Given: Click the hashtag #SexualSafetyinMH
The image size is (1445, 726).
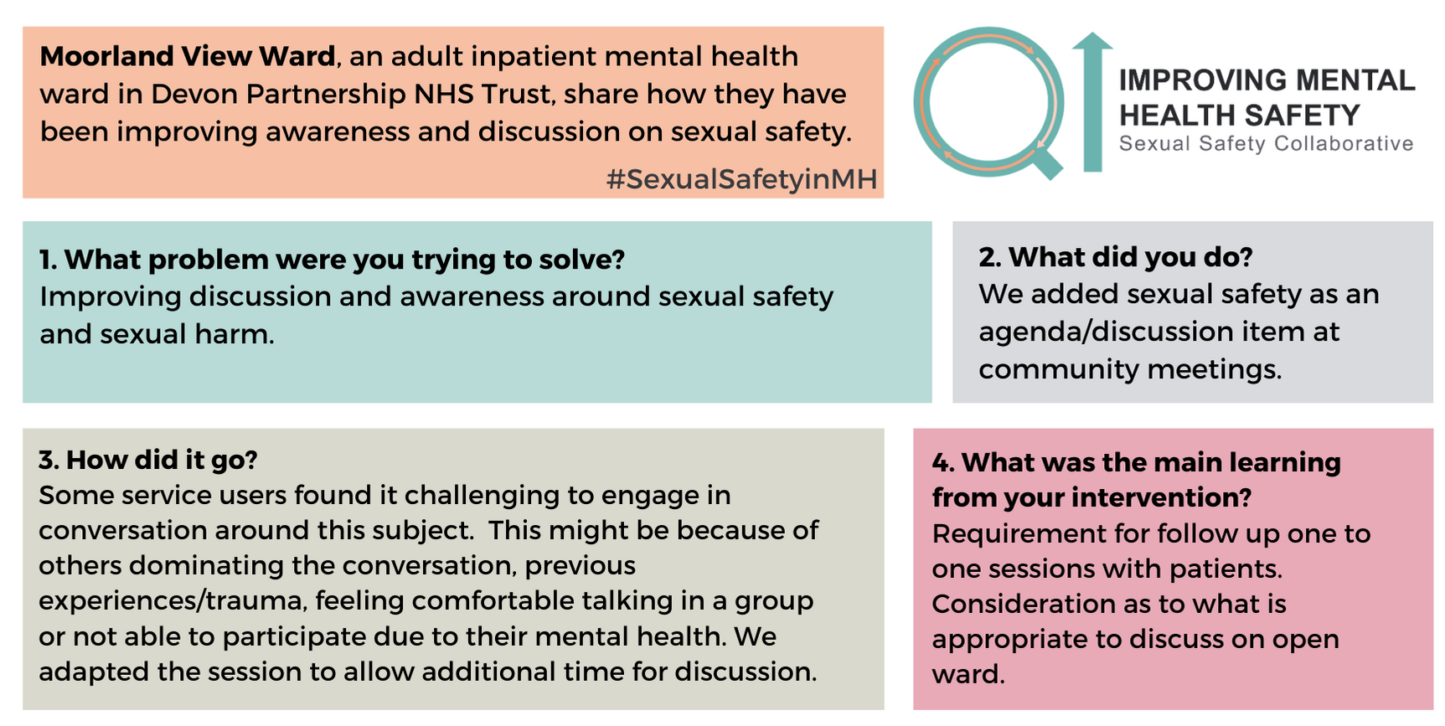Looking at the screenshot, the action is tap(741, 179).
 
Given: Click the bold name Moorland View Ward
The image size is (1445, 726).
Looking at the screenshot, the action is tap(188, 56).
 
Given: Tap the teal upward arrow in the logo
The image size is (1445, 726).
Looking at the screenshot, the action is tap(1092, 102).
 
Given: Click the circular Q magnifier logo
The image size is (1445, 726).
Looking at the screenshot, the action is tap(988, 103).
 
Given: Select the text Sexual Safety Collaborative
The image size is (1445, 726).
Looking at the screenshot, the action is tap(1266, 144).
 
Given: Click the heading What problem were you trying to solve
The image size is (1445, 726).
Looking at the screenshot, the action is tap(333, 260).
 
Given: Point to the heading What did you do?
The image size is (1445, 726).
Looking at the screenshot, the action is tap(1115, 257).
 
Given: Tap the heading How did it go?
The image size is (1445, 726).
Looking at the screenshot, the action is tap(148, 460).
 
